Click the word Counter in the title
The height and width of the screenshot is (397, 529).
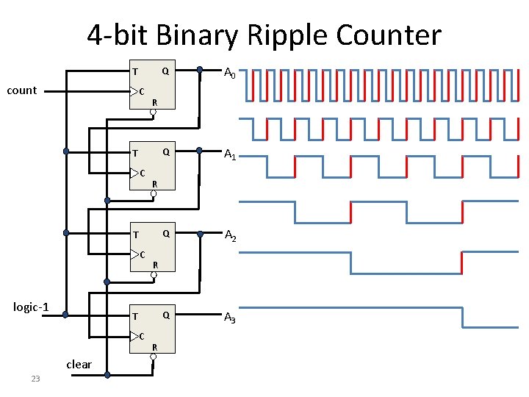[x=389, y=34]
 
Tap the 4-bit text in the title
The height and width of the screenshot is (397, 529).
[x=117, y=34]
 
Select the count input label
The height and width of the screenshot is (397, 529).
[x=22, y=90]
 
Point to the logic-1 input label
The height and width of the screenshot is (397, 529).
[x=31, y=307]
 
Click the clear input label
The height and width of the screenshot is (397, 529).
[x=79, y=365]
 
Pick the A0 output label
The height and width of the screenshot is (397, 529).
[x=230, y=73]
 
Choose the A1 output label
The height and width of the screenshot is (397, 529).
[x=230, y=154]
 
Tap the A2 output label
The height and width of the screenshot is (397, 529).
[x=231, y=235]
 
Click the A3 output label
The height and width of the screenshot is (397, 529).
[x=230, y=318]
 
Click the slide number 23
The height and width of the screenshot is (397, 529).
[x=35, y=379]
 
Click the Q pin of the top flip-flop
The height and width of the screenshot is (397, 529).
[x=165, y=71]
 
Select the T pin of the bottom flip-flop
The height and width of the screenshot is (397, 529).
[x=135, y=316]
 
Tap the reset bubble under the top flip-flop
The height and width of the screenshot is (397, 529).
[x=153, y=112]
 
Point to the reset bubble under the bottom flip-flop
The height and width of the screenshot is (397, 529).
[x=153, y=357]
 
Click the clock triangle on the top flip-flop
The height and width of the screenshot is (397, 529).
[x=134, y=91]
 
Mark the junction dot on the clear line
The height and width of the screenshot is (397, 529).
[x=107, y=375]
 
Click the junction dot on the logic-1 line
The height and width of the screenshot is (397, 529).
[x=65, y=315]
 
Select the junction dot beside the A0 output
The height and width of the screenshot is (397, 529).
[x=200, y=70]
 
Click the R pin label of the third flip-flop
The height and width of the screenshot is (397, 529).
[x=156, y=265]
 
